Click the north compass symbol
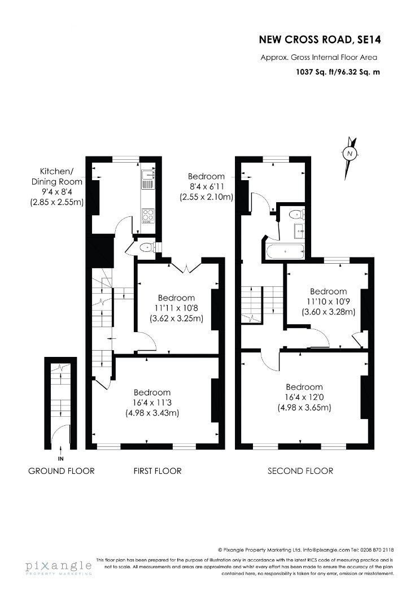(350, 154)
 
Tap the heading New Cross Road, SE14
(320, 40)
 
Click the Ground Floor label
(61, 471)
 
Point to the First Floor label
(158, 471)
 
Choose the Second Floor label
(300, 471)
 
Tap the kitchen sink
(147, 179)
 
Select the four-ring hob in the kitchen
(147, 216)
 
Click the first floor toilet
(147, 248)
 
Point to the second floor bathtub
(285, 251)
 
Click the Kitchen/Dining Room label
(56, 186)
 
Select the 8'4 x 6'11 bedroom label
(207, 186)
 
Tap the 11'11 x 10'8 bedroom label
(177, 308)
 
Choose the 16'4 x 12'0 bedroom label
(304, 397)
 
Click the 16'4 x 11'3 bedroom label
(152, 402)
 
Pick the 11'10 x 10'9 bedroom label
(328, 302)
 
